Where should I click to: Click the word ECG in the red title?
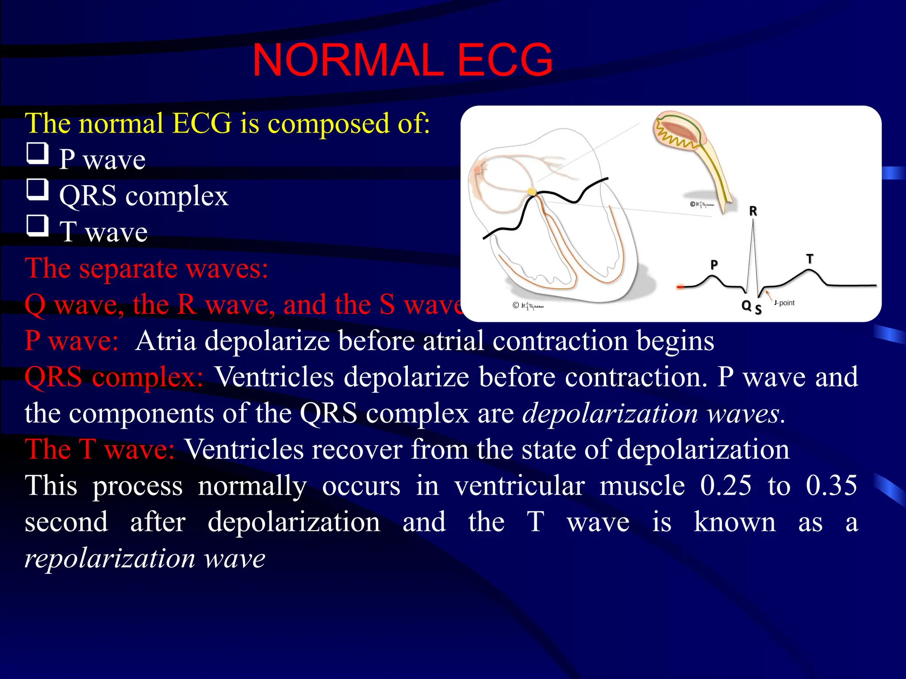click(x=505, y=61)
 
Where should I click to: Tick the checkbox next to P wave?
click(x=37, y=153)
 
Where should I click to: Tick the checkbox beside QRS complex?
click(x=37, y=190)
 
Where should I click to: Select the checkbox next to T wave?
click(x=37, y=226)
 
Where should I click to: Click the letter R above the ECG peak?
click(x=753, y=211)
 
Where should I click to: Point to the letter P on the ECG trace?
click(x=714, y=265)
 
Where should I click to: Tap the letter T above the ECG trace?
click(x=810, y=259)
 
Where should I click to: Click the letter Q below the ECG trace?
click(x=746, y=305)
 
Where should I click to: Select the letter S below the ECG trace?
click(x=758, y=309)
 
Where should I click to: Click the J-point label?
click(x=784, y=303)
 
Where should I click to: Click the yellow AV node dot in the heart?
click(x=531, y=192)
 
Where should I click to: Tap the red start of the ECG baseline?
click(x=680, y=287)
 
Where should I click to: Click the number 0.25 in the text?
click(x=726, y=485)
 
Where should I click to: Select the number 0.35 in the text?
click(x=831, y=485)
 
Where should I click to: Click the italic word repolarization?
click(x=110, y=558)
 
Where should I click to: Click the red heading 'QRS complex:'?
click(x=114, y=377)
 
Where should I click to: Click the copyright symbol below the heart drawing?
click(x=515, y=305)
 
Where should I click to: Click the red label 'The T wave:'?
click(x=100, y=450)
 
